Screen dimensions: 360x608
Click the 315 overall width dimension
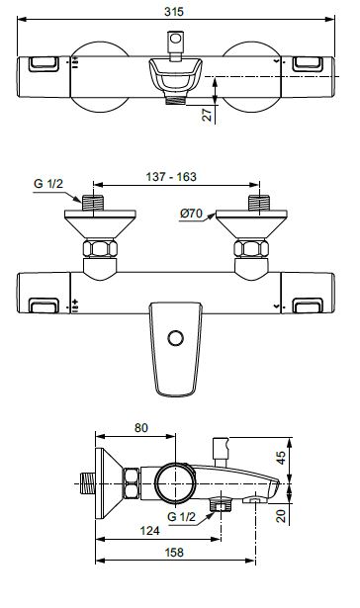(173, 11)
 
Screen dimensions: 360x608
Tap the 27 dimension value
(208, 115)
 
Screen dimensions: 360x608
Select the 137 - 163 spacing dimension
(171, 177)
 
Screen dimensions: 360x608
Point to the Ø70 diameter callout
(191, 213)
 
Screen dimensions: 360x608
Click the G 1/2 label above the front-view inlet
(48, 184)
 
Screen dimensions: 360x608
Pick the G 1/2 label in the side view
(182, 517)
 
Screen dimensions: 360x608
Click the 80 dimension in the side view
(141, 428)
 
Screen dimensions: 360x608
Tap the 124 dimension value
(150, 530)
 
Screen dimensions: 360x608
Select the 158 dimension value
(174, 553)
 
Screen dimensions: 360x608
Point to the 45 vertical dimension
(281, 457)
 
